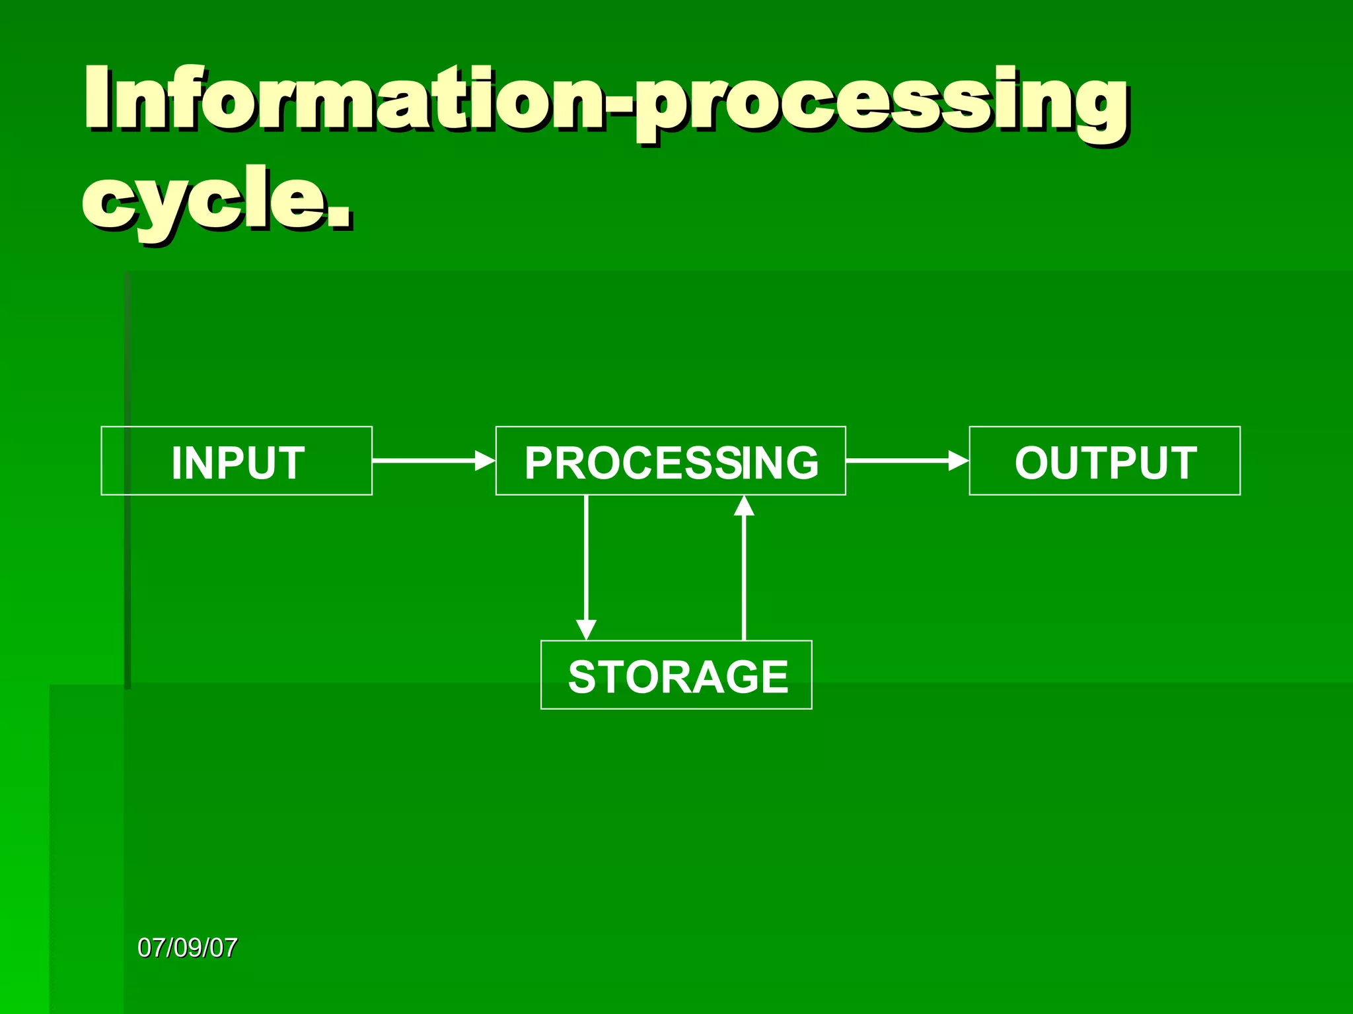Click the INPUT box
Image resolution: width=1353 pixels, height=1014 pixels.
pyautogui.click(x=237, y=461)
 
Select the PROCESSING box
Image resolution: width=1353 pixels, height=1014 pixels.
pyautogui.click(x=671, y=461)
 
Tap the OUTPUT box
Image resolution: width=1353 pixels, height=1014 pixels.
pyautogui.click(x=1105, y=461)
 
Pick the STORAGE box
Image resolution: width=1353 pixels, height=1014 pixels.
pyautogui.click(x=676, y=675)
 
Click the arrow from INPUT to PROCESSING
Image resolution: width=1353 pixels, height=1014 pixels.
pyautogui.click(x=429, y=460)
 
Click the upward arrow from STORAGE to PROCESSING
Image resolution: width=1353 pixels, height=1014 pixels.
pyautogui.click(x=744, y=574)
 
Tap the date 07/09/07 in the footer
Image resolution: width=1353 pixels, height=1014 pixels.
pyautogui.click(x=187, y=948)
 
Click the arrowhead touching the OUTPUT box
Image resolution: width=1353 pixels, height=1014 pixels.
pyautogui.click(x=958, y=460)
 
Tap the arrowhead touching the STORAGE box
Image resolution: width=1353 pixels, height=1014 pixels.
pyautogui.click(x=586, y=629)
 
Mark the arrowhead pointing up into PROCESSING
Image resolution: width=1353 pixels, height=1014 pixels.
pyautogui.click(x=744, y=506)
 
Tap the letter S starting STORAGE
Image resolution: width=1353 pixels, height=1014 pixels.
pyautogui.click(x=583, y=677)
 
